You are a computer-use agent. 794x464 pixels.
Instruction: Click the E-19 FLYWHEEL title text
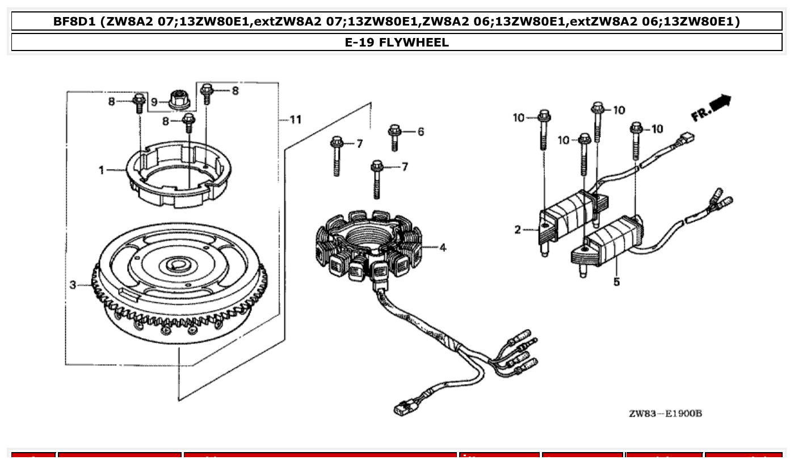point(397,43)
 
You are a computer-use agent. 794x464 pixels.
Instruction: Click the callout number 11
point(295,120)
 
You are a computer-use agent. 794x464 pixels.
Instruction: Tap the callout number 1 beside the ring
point(102,170)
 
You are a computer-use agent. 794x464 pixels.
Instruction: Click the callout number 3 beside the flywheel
point(73,285)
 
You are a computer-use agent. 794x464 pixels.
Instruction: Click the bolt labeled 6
point(395,137)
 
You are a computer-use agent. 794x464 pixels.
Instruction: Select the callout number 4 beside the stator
point(443,247)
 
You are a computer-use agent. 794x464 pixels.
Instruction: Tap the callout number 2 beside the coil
point(518,230)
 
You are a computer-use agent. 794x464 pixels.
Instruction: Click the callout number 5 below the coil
point(616,282)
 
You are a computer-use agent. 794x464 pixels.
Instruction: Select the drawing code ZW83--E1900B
point(665,413)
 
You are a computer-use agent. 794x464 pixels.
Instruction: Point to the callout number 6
point(421,132)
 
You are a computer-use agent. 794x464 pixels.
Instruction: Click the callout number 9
point(154,103)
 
